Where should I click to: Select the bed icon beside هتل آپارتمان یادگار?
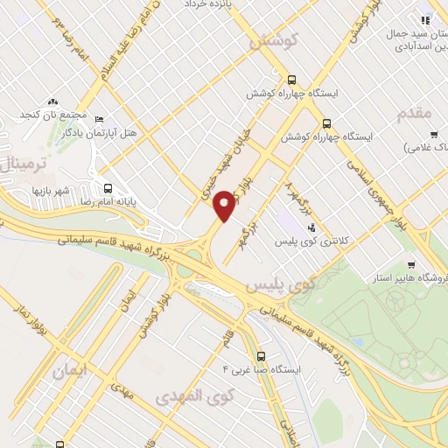(99, 120)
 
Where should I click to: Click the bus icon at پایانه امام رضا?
(108, 187)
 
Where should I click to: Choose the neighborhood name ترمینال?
(19, 162)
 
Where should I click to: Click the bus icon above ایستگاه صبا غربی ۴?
(274, 355)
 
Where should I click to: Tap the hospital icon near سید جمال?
(425, 20)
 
